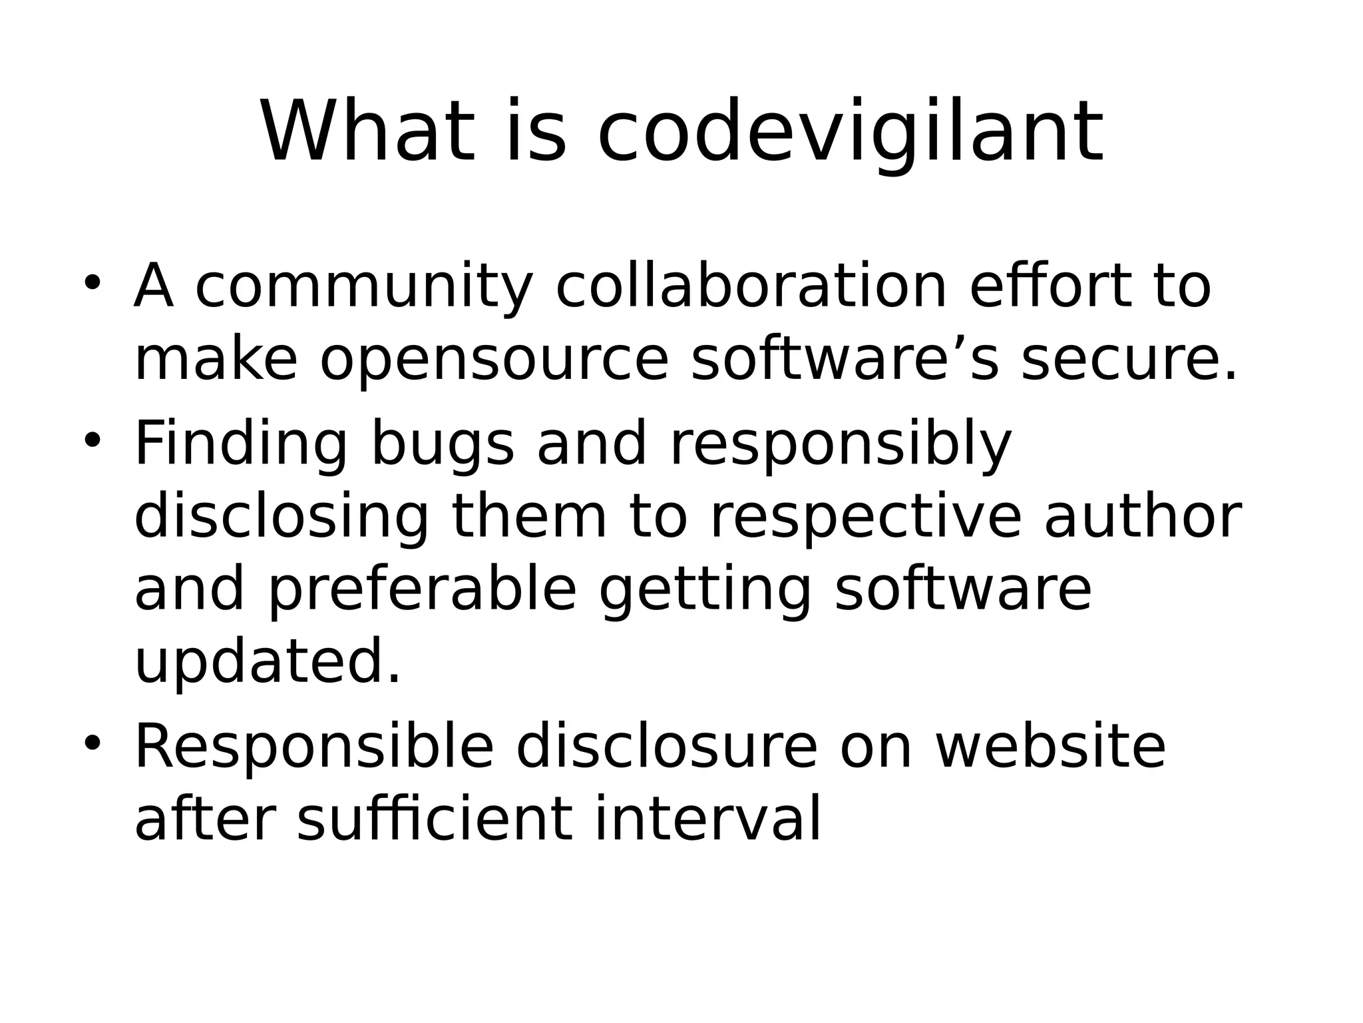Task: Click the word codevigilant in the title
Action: coord(850,133)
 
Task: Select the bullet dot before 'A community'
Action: coord(92,282)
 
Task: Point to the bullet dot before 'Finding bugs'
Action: coord(92,440)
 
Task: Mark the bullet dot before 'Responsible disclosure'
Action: coord(92,743)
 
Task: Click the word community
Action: coord(364,288)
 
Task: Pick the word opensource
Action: coord(494,362)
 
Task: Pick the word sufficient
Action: coord(435,819)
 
